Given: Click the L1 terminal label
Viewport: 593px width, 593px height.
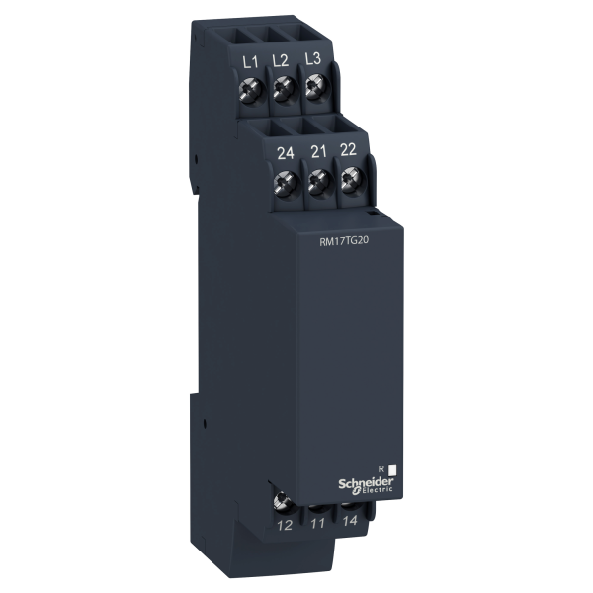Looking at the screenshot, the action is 250,62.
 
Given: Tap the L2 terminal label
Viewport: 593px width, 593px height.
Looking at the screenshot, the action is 281,60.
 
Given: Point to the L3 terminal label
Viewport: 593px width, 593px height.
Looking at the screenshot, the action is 312,58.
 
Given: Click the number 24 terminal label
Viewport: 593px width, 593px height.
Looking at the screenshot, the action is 286,154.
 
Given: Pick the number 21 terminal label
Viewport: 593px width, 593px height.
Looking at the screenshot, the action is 318,152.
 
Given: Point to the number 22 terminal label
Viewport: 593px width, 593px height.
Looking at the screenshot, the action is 348,150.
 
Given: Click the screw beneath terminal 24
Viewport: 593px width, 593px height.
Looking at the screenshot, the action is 287,183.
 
